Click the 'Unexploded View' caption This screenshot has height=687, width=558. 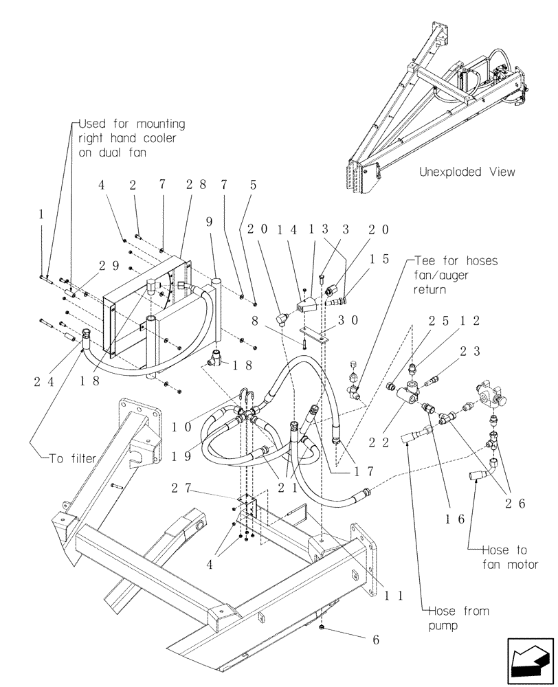pos(467,172)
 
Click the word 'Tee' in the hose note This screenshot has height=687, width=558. pos(425,261)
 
